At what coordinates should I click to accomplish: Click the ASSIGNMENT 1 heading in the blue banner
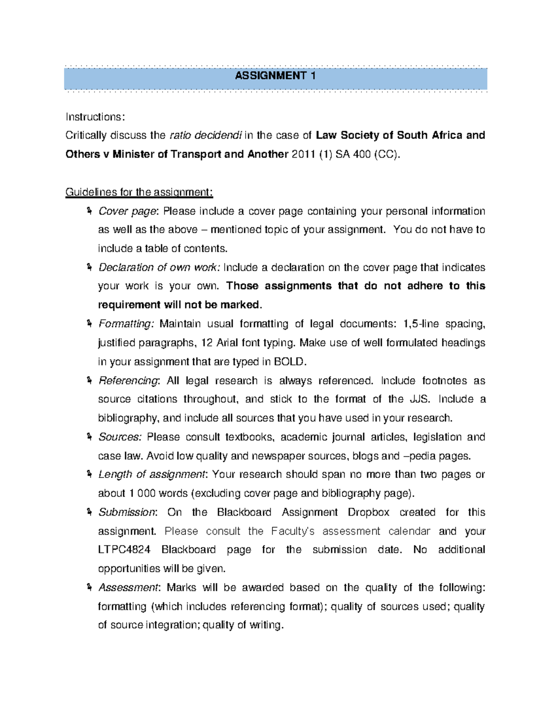[275, 76]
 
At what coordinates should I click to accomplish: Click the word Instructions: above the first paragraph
[95, 117]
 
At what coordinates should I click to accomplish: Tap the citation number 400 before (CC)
[361, 154]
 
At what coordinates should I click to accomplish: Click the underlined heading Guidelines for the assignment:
[139, 192]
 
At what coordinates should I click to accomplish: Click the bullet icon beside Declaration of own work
[88, 267]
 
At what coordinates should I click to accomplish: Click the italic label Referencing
[128, 381]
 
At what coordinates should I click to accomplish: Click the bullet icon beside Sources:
[88, 437]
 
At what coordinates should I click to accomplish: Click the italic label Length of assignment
[152, 474]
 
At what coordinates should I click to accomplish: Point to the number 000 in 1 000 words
[146, 493]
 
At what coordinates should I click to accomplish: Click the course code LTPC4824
[124, 550]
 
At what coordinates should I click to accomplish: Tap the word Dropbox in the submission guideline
[368, 512]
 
